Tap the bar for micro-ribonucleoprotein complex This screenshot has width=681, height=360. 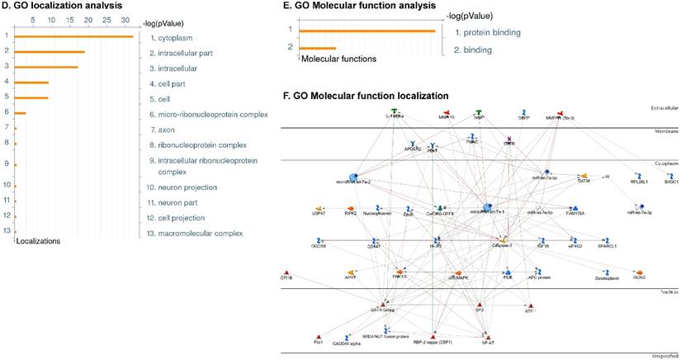tap(21, 113)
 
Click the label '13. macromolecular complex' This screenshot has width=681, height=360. tap(197, 234)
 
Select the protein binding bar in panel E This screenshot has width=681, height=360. tap(367, 31)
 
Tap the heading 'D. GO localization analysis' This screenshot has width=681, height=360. tap(62, 6)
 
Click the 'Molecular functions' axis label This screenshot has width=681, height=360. tap(338, 59)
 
